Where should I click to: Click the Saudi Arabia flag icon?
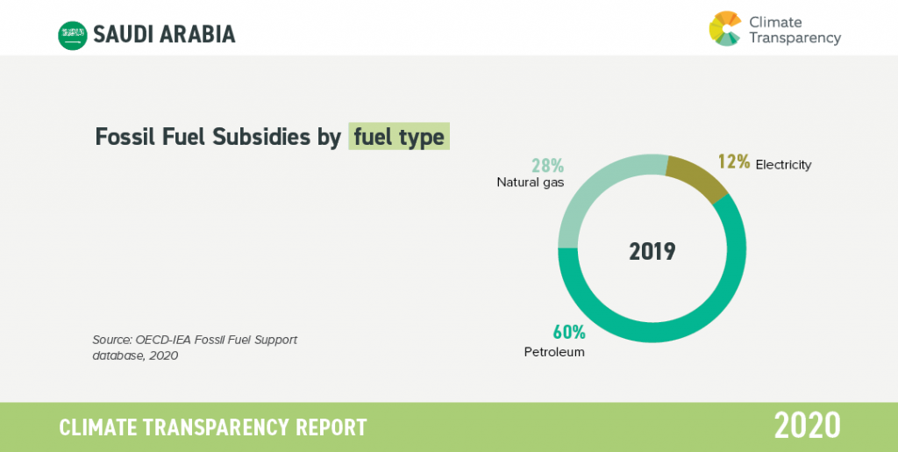tap(73, 35)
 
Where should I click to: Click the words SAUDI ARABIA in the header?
tap(164, 35)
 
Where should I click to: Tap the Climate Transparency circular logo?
tap(725, 28)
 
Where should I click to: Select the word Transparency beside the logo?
tap(795, 39)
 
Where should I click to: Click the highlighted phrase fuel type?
tap(399, 137)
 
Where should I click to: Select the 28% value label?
tap(548, 166)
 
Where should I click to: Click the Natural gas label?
tap(531, 183)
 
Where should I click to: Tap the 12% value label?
tap(734, 162)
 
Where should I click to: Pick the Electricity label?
tap(783, 165)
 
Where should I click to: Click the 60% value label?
tap(568, 332)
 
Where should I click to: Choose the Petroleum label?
tap(554, 352)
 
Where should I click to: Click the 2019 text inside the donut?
tap(652, 252)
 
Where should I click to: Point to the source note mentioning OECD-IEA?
tap(195, 348)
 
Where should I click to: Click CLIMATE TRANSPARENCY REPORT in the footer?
tap(213, 427)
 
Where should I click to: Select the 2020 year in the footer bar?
tap(808, 427)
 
